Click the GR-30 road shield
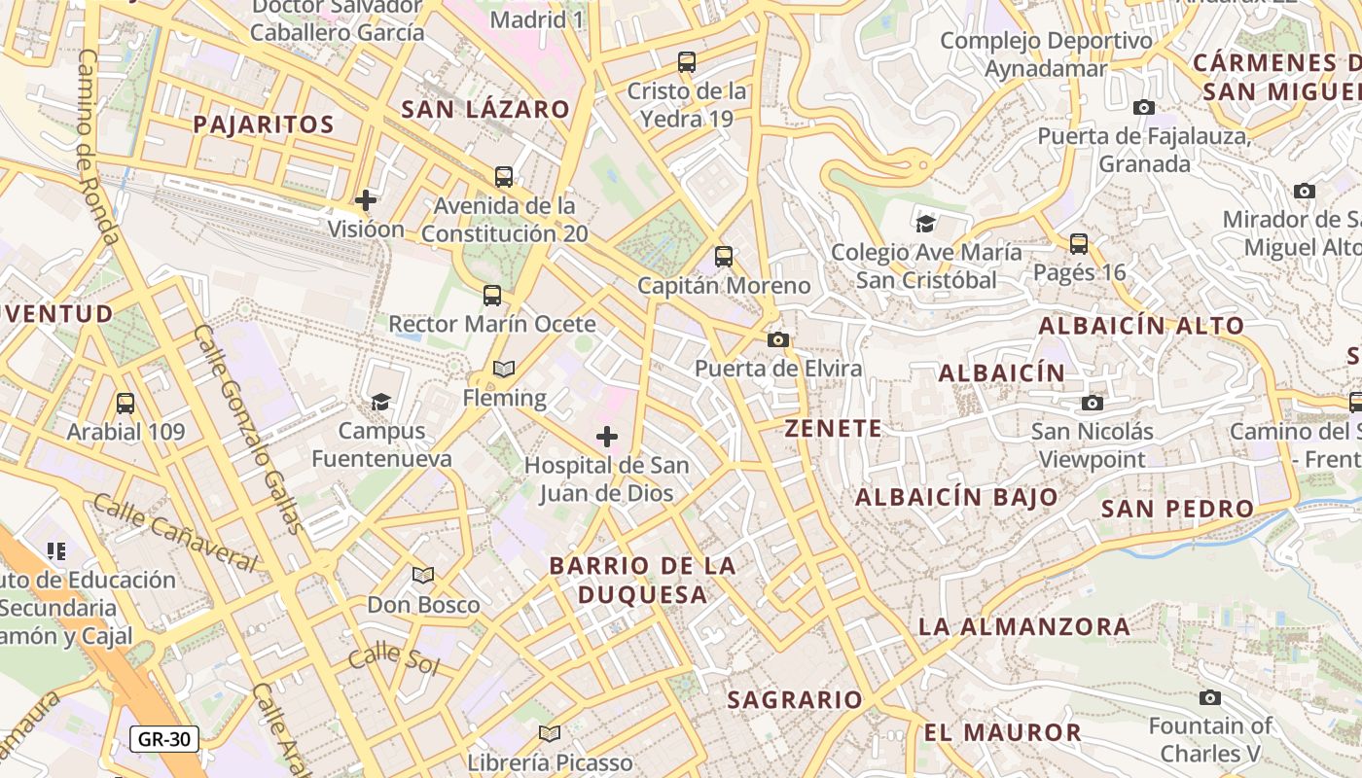click(164, 739)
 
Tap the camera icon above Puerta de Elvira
click(777, 339)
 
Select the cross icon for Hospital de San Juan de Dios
click(607, 436)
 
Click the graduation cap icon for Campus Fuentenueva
click(380, 402)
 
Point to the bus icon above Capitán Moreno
click(723, 257)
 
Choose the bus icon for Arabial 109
click(125, 403)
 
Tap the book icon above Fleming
click(504, 369)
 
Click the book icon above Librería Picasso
click(550, 733)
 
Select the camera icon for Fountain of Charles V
click(1209, 697)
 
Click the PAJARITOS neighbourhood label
click(264, 124)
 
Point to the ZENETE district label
click(834, 429)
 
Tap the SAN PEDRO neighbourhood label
click(1177, 509)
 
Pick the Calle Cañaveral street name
click(175, 533)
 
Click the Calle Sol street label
click(394, 659)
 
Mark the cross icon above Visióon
click(366, 200)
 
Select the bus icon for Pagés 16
click(1079, 244)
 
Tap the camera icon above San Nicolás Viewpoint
click(1093, 403)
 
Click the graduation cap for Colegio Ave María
click(925, 224)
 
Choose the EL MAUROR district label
click(1003, 733)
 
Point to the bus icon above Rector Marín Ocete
click(492, 295)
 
